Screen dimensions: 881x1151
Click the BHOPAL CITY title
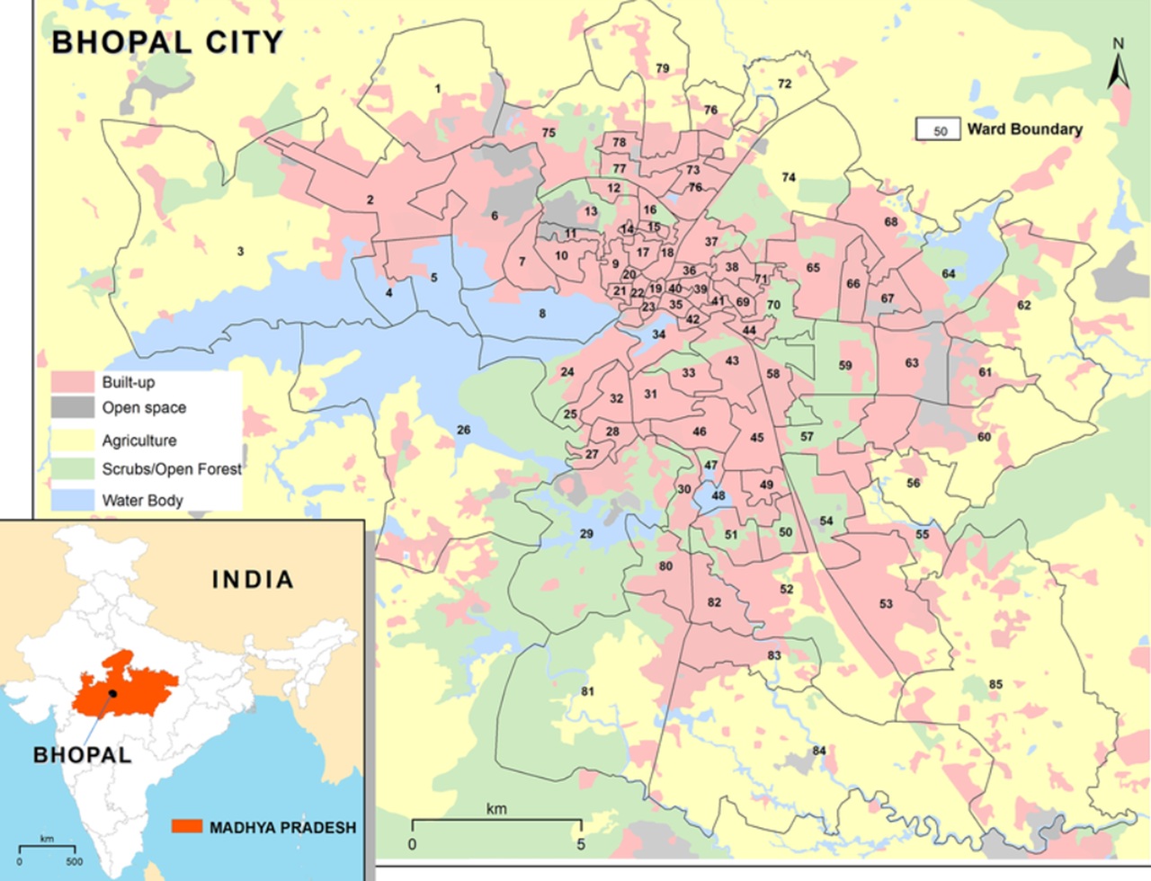pyautogui.click(x=167, y=42)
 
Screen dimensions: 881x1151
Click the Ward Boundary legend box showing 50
pyautogui.click(x=940, y=129)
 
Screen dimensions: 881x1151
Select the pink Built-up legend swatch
pyautogui.click(x=72, y=382)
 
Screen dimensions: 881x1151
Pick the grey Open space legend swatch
pyautogui.click(x=72, y=408)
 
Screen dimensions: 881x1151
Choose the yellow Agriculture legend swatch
pyautogui.click(x=72, y=440)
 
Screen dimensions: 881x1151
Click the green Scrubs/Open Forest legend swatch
pyautogui.click(x=72, y=468)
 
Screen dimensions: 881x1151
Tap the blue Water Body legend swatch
pyautogui.click(x=72, y=500)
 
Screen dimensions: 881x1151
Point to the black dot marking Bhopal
pyautogui.click(x=113, y=693)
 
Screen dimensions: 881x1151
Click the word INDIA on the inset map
pyautogui.click(x=253, y=580)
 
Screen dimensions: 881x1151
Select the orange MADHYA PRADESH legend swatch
pyautogui.click(x=187, y=826)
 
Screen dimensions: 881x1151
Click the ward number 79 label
pyautogui.click(x=663, y=68)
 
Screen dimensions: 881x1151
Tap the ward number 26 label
pyautogui.click(x=463, y=430)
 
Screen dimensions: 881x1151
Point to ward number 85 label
pyautogui.click(x=995, y=684)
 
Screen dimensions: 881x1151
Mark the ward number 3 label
pyautogui.click(x=240, y=251)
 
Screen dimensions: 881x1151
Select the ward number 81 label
pyautogui.click(x=587, y=691)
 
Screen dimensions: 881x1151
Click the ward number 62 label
pyautogui.click(x=1023, y=306)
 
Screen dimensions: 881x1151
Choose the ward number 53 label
pyautogui.click(x=886, y=604)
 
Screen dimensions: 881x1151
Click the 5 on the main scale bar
pyautogui.click(x=581, y=844)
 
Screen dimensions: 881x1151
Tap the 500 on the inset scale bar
pyautogui.click(x=74, y=861)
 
